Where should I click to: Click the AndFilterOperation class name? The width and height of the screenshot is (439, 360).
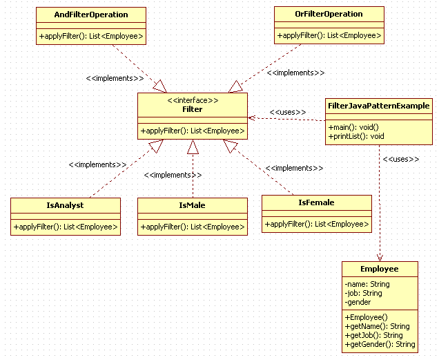pos(91,15)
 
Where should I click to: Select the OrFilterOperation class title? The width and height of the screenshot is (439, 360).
pos(329,14)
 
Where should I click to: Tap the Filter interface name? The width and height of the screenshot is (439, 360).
pos(192,110)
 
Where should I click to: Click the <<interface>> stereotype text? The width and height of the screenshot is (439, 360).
pos(192,100)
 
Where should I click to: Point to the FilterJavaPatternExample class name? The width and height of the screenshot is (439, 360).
pos(378,106)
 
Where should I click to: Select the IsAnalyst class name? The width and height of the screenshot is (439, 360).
pos(65,205)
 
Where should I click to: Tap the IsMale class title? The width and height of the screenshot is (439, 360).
pos(192,205)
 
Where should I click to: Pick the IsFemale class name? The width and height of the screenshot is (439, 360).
pos(316,202)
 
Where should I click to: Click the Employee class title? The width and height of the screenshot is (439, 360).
pos(379,269)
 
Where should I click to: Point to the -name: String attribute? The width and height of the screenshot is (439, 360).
pos(367,284)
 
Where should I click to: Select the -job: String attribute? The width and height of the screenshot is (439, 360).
pos(364,293)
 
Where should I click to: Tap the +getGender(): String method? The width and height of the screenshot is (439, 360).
pos(380,344)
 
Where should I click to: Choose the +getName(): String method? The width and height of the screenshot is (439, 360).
pos(377,326)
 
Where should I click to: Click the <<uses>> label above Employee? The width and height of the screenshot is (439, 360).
pos(401,159)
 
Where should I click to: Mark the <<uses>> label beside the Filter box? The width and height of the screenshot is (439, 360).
pos(287,112)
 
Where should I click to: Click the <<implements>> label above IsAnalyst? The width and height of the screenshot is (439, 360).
pos(97,165)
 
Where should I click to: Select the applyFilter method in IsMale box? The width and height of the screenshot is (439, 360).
pos(192,227)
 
